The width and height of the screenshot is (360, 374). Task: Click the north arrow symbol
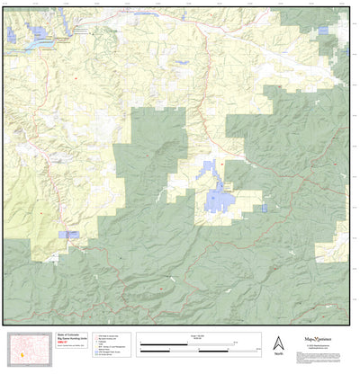(278, 343)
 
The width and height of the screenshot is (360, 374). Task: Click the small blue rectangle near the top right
(323, 31)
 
